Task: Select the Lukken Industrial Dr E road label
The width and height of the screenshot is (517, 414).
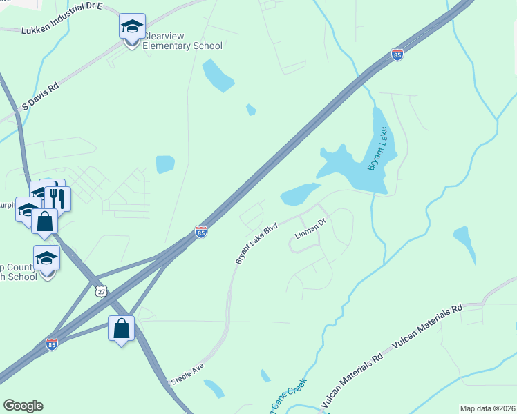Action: [62, 28]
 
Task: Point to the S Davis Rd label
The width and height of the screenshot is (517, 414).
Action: [41, 97]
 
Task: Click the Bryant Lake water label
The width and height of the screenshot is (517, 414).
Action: [382, 148]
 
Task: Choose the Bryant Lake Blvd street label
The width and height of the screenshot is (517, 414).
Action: [256, 242]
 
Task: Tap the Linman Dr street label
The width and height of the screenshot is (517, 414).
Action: [310, 230]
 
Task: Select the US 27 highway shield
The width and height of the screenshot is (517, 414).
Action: [102, 293]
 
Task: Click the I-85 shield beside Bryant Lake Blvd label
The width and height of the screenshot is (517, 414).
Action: [201, 232]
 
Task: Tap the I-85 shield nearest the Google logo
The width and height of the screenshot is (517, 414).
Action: [52, 344]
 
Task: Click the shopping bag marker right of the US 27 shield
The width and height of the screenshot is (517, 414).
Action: [122, 329]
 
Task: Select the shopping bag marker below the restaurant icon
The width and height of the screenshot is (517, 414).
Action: [45, 222]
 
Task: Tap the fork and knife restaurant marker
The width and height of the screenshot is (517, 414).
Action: [57, 199]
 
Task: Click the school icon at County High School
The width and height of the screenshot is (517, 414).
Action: [46, 259]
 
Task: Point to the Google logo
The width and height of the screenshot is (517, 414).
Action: [23, 406]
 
